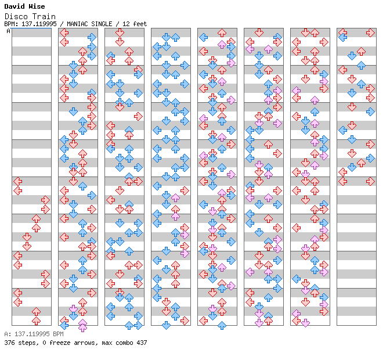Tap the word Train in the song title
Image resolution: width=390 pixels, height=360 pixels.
pyautogui.click(x=45, y=17)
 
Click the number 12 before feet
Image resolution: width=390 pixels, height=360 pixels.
pyautogui.click(x=125, y=24)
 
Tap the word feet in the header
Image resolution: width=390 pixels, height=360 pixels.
pyautogui.click(x=139, y=24)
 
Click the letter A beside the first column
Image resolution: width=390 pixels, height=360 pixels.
pyautogui.click(x=9, y=31)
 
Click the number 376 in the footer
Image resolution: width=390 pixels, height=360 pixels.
pyautogui.click(x=9, y=343)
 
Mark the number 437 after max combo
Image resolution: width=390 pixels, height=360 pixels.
pyautogui.click(x=142, y=343)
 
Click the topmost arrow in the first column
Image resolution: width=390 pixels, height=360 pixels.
pyautogui.click(x=18, y=182)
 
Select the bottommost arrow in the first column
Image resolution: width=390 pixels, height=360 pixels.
pyautogui.click(x=36, y=321)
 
